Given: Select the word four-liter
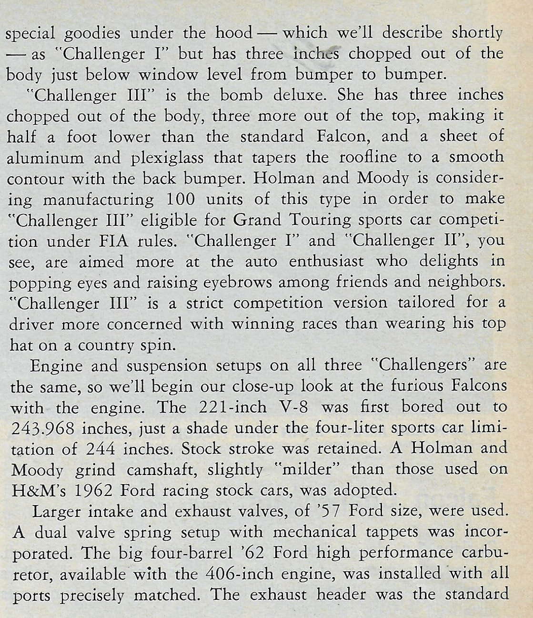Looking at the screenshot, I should (337, 429).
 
